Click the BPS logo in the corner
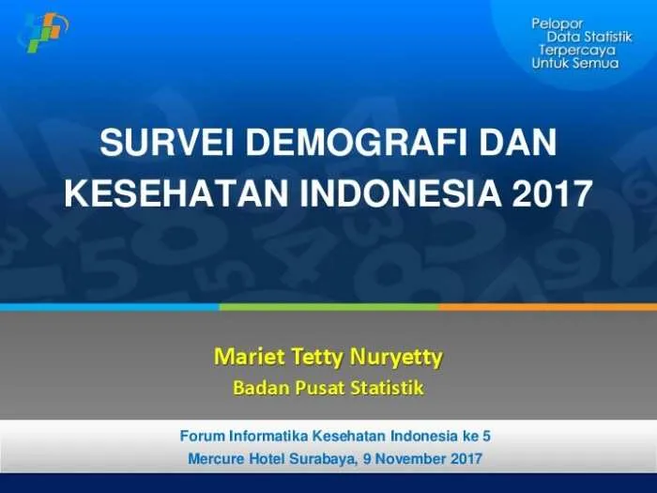(x=43, y=32)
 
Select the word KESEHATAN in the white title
(x=176, y=193)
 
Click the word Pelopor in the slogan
(x=558, y=23)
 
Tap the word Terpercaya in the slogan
(x=577, y=51)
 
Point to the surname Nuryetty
(x=396, y=358)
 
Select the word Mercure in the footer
(x=216, y=458)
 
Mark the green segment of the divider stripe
(x=328, y=307)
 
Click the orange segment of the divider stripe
(x=547, y=307)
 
